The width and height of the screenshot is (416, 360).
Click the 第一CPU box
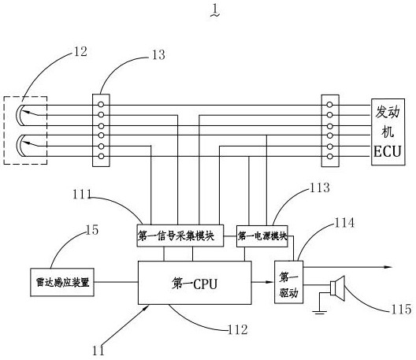[195, 283]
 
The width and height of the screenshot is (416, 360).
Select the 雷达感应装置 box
[62, 282]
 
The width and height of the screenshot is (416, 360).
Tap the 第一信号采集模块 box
[180, 236]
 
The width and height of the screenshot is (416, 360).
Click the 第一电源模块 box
[262, 236]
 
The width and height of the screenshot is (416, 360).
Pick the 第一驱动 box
[288, 282]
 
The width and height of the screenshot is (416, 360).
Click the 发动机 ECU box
[388, 132]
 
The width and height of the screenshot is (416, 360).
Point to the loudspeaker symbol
[338, 288]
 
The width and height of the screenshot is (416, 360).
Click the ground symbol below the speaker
[319, 311]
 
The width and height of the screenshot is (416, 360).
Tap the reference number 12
[80, 51]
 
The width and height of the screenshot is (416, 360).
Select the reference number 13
[158, 55]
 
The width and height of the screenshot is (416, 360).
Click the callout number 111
[82, 195]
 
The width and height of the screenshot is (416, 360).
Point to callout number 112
[238, 329]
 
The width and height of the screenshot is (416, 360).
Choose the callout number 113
[320, 187]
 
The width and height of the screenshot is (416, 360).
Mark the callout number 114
[344, 223]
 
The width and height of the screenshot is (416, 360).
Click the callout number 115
[401, 310]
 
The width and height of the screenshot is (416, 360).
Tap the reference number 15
[92, 230]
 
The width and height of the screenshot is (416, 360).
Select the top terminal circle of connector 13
[101, 105]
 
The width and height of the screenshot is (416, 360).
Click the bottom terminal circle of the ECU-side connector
[330, 156]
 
